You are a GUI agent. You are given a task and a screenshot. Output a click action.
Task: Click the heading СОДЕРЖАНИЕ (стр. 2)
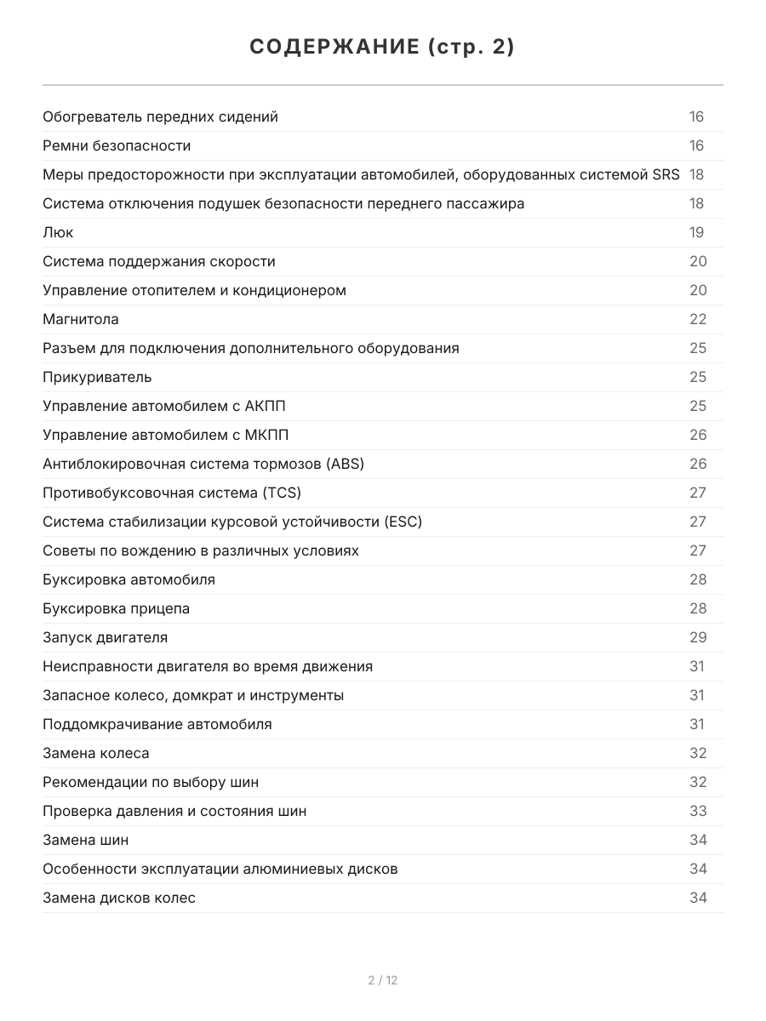(382, 48)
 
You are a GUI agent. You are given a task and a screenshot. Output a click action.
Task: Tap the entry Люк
(58, 232)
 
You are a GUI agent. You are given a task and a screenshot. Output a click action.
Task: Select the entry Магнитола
(81, 319)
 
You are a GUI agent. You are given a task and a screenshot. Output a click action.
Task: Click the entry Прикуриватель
(97, 377)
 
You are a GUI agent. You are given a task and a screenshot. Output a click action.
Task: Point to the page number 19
(697, 232)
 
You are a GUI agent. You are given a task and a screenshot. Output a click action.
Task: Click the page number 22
(697, 319)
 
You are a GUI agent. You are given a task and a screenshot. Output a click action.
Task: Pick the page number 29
(697, 637)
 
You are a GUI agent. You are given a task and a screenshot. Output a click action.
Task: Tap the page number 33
(697, 811)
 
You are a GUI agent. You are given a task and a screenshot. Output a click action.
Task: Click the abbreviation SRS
(666, 174)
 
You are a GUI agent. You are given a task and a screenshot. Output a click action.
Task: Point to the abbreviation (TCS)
(281, 493)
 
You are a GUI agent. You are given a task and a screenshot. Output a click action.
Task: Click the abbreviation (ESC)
(403, 522)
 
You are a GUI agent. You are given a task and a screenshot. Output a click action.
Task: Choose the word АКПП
(265, 406)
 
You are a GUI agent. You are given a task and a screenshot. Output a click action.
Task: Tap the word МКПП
(266, 435)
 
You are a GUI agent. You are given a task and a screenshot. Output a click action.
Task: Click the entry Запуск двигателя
(106, 637)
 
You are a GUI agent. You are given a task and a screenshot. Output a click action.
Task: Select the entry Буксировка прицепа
(117, 608)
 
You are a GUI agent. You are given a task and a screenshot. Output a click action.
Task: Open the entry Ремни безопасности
(117, 145)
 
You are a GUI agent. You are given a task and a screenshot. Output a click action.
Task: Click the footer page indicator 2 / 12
(382, 980)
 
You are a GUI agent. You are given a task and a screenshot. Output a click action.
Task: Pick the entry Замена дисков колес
(119, 898)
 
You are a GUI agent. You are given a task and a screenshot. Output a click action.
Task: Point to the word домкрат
(203, 695)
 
